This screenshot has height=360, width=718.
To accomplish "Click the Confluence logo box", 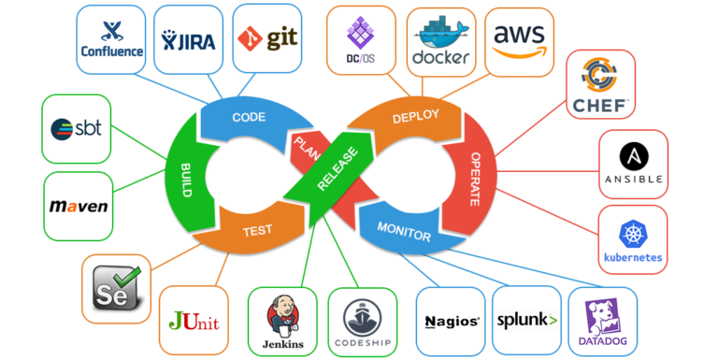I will click(111, 38).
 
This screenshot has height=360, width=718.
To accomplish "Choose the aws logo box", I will click(520, 38).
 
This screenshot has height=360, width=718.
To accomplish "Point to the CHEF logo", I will click(601, 83).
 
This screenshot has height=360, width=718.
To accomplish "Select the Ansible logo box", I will click(633, 164).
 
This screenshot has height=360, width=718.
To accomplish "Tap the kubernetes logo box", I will click(633, 239).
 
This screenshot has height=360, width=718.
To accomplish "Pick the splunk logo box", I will click(526, 320).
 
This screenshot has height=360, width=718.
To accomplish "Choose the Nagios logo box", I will click(451, 320).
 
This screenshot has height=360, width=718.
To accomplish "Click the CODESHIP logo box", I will click(362, 320).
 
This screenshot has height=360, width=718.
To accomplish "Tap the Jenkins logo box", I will click(282, 320).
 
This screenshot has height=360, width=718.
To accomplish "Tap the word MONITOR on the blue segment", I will click(404, 231).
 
